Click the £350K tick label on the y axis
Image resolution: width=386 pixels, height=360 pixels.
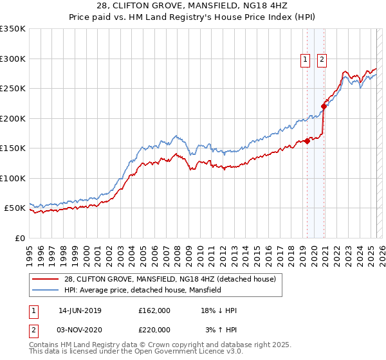[x=13, y=29]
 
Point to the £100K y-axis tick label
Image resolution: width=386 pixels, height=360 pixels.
[x=13, y=178]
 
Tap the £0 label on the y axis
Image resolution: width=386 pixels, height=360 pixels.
[x=20, y=238]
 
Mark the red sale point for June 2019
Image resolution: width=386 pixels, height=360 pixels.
[x=308, y=141]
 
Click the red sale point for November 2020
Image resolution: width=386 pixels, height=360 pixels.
[x=324, y=107]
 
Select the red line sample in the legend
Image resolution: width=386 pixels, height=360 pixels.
[x=46, y=279]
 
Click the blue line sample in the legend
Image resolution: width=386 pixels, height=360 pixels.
[x=46, y=290]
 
